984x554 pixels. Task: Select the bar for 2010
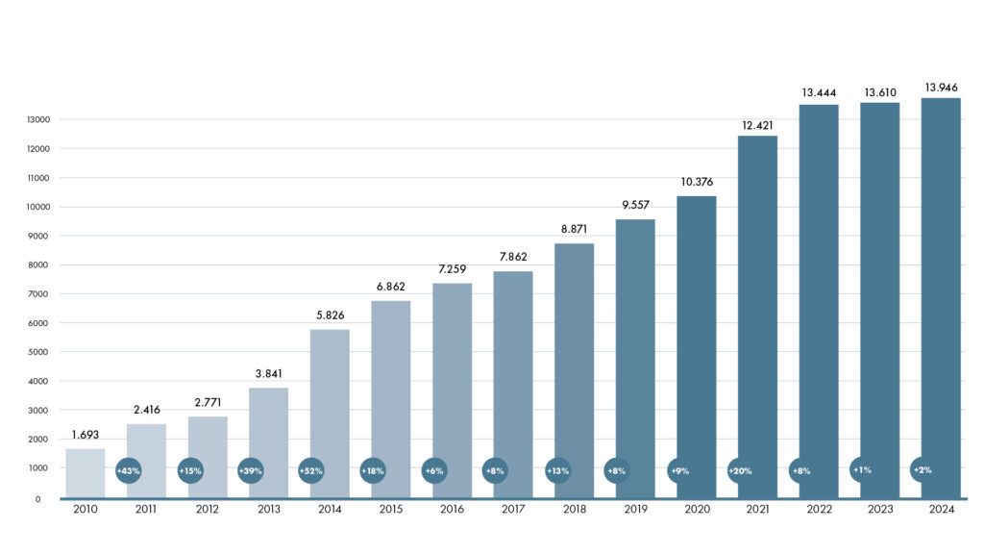pos(85,473)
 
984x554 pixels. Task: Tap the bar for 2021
pos(757,316)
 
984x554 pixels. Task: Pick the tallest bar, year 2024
pos(941,298)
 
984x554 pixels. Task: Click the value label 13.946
pos(941,88)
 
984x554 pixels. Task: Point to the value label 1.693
pos(85,435)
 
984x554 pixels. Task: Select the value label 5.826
pos(330,315)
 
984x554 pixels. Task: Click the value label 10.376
pos(696,182)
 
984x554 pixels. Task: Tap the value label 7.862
pos(513,257)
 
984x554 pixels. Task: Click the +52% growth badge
pos(311,470)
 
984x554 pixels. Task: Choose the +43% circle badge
pos(128,470)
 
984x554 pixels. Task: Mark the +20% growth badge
pos(740,470)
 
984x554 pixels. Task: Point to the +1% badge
pos(862,469)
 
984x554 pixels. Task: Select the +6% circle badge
pos(433,470)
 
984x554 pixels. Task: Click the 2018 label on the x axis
pos(574,511)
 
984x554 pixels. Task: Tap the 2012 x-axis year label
pos(207,511)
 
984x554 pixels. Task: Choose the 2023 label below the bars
pos(879,511)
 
